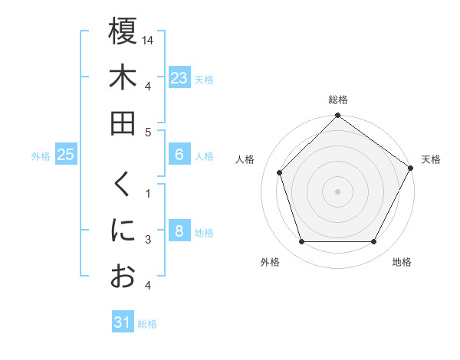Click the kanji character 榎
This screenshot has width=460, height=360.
(123, 31)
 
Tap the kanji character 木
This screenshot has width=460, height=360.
(123, 77)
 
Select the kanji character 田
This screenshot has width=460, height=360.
(123, 123)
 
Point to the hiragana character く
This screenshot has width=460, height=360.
(123, 185)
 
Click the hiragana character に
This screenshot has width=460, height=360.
(123, 231)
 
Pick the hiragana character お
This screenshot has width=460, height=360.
(123, 277)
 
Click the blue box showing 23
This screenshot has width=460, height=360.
(179, 78)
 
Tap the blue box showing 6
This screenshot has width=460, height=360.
(179, 155)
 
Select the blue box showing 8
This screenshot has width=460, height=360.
(179, 231)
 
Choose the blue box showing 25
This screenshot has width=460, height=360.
(65, 155)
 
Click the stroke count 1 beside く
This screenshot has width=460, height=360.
(148, 193)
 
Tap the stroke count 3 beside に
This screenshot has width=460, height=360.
(148, 240)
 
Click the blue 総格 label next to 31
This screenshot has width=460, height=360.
(147, 324)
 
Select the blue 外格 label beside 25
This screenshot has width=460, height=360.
(41, 156)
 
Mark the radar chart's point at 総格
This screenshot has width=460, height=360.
(337, 116)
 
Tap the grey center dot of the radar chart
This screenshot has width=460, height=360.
(337, 191)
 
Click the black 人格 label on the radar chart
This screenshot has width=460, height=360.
(246, 159)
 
